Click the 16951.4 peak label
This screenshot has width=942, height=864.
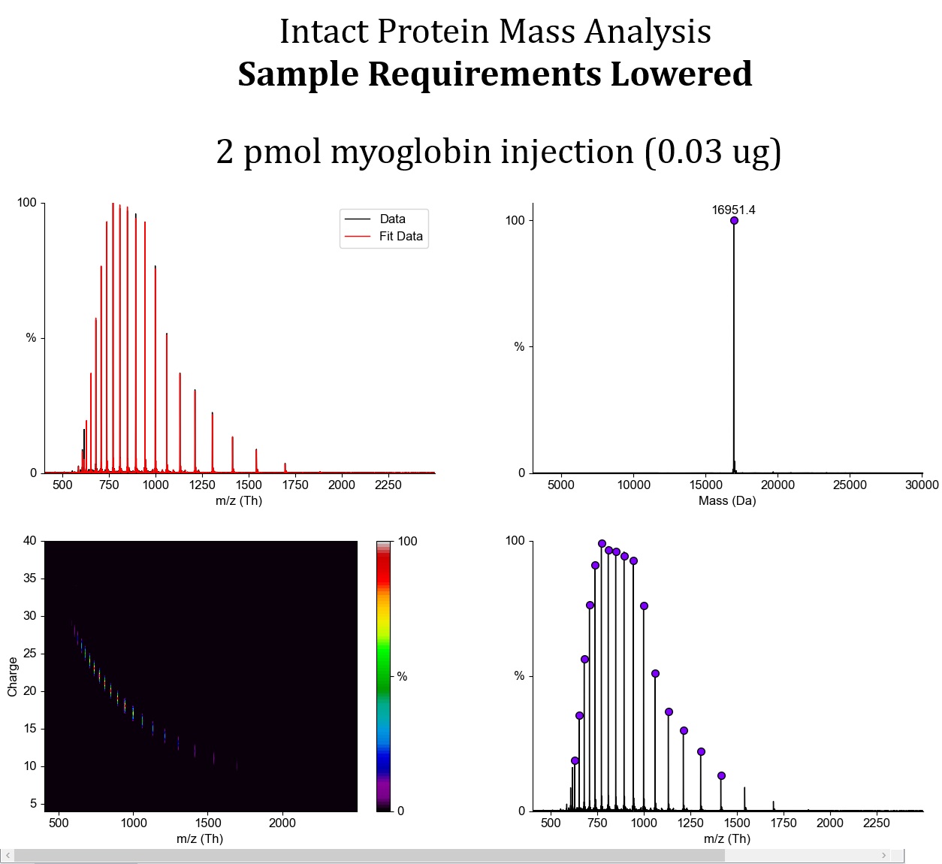[x=733, y=210]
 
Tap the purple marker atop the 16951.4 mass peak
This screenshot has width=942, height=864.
[x=734, y=221]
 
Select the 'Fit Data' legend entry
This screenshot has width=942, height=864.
[x=400, y=236]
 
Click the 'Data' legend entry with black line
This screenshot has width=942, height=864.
[x=392, y=219]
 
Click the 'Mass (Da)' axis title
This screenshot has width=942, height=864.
[x=726, y=500]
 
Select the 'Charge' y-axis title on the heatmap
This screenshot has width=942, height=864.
[x=13, y=676]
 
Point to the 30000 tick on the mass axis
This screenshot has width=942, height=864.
[x=921, y=485]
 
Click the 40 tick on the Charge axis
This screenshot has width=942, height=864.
[x=30, y=541]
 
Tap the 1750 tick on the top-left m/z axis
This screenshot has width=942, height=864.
[x=295, y=485]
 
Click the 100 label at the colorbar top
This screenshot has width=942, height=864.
[x=407, y=542]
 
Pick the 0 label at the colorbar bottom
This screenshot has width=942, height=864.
[x=400, y=811]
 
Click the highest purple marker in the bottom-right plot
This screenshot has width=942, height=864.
[x=602, y=544]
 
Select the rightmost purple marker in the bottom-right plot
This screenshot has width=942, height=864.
[x=721, y=776]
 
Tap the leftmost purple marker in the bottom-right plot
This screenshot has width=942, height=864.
[x=575, y=761]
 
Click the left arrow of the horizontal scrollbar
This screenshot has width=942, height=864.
[x=8, y=855]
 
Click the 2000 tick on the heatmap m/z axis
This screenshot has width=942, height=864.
[x=282, y=823]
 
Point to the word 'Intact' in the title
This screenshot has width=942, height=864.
[x=324, y=32]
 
